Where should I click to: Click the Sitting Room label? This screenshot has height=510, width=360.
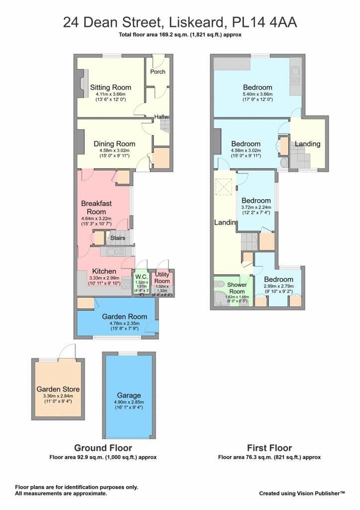[111, 87]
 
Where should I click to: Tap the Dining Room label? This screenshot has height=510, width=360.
[114, 144]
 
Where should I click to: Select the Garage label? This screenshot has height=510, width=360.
[129, 395]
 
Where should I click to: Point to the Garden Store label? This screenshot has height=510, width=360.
[58, 389]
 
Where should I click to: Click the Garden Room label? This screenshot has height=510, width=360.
[124, 316]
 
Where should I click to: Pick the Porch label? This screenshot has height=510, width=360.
[158, 72]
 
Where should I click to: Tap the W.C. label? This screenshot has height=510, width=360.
[142, 277]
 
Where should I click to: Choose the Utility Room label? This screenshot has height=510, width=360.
[162, 277]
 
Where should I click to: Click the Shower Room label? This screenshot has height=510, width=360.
[237, 288]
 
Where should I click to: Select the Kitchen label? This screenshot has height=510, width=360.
[104, 271]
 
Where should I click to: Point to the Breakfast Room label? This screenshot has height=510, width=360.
[96, 208]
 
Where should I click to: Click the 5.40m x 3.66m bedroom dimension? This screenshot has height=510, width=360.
[257, 94]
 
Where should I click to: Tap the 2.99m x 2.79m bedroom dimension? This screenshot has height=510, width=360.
[279, 286]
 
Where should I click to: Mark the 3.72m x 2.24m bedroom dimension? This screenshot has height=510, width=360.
[256, 207]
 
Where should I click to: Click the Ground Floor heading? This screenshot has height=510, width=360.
[103, 448]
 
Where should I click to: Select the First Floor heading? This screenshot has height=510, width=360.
[269, 448]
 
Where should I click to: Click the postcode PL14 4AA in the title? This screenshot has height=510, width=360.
[264, 23]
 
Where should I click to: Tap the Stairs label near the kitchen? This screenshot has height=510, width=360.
[118, 238]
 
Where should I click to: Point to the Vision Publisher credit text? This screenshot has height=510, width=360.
[302, 494]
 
